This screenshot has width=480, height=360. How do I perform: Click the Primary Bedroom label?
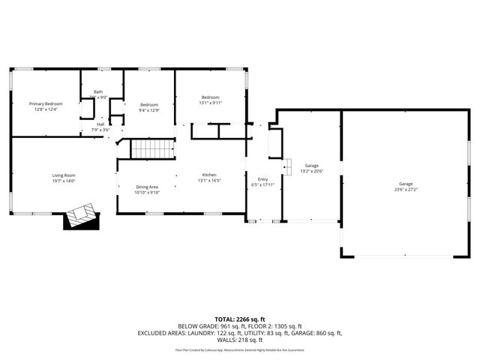tap(46, 103)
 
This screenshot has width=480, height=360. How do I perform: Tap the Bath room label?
tap(98, 91)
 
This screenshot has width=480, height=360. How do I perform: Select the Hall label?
tap(100, 124)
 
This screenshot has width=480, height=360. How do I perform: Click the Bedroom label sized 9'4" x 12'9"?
tap(148, 104)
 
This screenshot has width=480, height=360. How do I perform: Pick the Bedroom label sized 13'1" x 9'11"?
tap(210, 97)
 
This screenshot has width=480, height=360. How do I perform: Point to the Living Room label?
tap(64, 175)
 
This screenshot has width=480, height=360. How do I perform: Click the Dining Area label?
tap(147, 187)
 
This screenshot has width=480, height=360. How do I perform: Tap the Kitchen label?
tap(209, 174)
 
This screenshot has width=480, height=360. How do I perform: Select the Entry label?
tap(262, 179)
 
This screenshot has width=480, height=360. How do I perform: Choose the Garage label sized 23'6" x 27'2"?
tap(406, 184)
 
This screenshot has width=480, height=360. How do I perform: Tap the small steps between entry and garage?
tap(286, 166)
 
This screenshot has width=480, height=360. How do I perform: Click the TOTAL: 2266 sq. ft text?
tap(239, 319)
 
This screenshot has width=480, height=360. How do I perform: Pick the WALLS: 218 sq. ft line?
tap(239, 340)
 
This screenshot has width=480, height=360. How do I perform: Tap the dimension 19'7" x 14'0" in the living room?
tap(64, 181)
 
